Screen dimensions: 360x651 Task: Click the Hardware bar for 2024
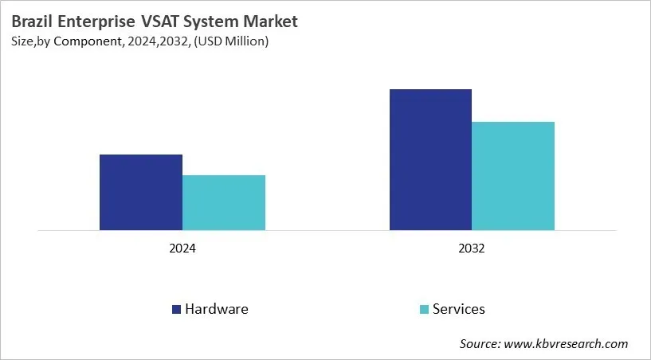(141, 193)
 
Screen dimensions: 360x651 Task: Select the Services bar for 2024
(224, 203)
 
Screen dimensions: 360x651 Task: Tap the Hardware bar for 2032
(430, 160)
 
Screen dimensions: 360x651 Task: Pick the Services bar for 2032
(513, 176)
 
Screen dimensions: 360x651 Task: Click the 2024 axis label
(182, 248)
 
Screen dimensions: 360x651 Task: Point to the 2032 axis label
(472, 248)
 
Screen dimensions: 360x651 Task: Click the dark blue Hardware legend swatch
(176, 309)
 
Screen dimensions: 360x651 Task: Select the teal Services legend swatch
(424, 309)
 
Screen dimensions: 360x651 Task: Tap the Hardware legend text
(216, 309)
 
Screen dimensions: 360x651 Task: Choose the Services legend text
(458, 309)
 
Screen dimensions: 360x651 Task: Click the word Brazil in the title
(32, 21)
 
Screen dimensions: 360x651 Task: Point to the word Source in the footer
(478, 344)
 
